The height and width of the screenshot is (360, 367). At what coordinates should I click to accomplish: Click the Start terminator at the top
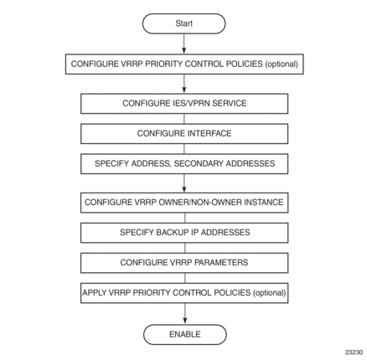click(x=183, y=23)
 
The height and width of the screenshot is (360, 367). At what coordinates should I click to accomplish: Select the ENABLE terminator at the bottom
click(x=185, y=334)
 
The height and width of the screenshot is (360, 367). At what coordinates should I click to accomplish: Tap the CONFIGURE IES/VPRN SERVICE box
click(x=184, y=104)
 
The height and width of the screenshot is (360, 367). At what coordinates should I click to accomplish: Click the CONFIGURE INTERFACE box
click(x=184, y=134)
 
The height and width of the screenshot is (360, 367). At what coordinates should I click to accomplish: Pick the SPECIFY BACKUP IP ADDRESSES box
click(x=184, y=233)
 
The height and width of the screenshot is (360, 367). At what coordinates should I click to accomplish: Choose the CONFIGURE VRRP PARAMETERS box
click(x=184, y=263)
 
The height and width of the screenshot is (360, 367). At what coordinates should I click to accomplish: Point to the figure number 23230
click(x=354, y=352)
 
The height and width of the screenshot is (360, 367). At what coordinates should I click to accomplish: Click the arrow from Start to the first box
click(x=183, y=44)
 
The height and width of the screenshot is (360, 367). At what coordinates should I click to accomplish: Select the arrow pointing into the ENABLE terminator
click(x=185, y=314)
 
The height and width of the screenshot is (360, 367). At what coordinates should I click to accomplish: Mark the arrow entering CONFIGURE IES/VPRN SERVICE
click(x=183, y=84)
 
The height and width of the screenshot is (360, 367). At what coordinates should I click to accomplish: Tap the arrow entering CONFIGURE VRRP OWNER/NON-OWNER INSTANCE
click(x=184, y=183)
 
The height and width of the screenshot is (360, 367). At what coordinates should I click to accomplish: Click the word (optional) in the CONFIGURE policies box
click(x=282, y=64)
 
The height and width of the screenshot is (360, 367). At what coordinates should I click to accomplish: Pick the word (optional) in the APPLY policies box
click(x=269, y=293)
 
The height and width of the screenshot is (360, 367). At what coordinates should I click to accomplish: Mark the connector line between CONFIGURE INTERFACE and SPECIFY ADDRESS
click(x=184, y=149)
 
